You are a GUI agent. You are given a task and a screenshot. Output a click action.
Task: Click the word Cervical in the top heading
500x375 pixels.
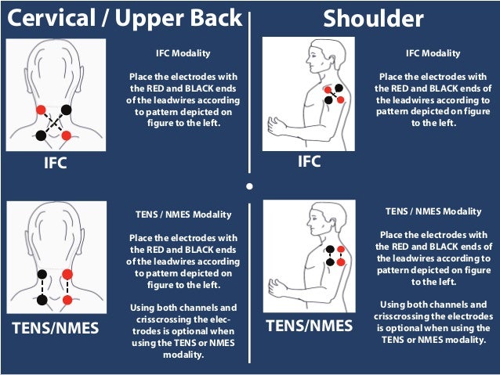pos(52,18)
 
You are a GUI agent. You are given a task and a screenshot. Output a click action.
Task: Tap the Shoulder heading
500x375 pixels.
pos(373,19)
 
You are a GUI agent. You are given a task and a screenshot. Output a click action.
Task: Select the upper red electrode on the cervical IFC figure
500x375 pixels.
pos(41,110)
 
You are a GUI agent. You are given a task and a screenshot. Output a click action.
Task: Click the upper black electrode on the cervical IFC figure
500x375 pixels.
pos(66,110)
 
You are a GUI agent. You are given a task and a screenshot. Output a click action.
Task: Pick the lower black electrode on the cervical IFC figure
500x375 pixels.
pos(41,135)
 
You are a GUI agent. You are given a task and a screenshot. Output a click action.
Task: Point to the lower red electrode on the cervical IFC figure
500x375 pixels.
pos(67,135)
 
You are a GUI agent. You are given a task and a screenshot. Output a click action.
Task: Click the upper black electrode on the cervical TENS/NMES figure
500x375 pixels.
pos(42,274)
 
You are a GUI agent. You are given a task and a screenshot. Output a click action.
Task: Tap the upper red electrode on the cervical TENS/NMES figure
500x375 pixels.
pos(67,274)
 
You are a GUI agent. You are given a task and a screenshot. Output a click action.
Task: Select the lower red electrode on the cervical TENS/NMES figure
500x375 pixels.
pos(67,300)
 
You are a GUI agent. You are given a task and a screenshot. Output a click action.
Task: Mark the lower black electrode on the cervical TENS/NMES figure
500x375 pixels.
pos(42,300)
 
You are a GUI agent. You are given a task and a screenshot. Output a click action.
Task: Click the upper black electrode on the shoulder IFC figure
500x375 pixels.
pos(339,88)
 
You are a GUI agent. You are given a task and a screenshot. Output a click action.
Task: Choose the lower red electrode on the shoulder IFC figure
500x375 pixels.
pos(341,100)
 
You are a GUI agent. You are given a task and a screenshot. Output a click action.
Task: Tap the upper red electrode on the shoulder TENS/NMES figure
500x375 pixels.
pos(341,249)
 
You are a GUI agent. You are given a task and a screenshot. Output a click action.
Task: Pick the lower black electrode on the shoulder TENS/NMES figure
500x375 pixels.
pos(331,262)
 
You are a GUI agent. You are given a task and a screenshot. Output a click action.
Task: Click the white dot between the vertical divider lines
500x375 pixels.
pos(250,186)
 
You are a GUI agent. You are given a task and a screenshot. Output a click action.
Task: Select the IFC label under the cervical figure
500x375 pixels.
pos(56,163)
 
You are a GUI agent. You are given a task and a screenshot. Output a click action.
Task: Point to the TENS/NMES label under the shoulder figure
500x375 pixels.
pos(310,326)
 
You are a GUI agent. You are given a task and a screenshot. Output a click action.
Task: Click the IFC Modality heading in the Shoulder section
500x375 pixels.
pos(433,53)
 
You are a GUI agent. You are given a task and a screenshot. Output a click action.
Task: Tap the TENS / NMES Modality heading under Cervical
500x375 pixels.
pos(183,215)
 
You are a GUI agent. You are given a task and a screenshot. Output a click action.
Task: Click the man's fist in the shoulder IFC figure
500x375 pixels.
pos(276,125)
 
